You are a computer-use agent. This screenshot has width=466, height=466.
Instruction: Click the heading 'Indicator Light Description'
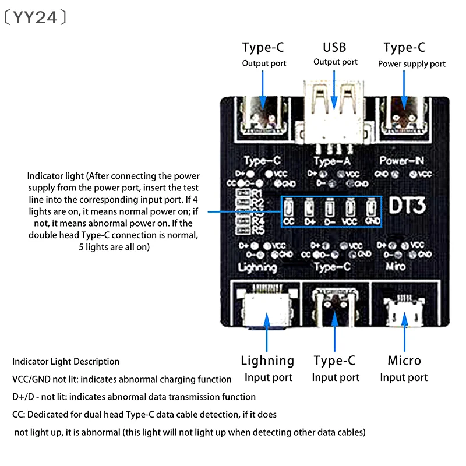pyautogui.click(x=66, y=362)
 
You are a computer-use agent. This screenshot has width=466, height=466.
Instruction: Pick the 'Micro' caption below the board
pyautogui.click(x=404, y=361)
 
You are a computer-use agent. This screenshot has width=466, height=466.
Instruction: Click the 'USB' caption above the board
pyautogui.click(x=334, y=47)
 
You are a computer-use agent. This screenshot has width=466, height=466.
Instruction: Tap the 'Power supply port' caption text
pyautogui.click(x=411, y=64)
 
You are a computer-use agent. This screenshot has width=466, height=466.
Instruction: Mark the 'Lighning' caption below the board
pyautogui.click(x=267, y=361)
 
